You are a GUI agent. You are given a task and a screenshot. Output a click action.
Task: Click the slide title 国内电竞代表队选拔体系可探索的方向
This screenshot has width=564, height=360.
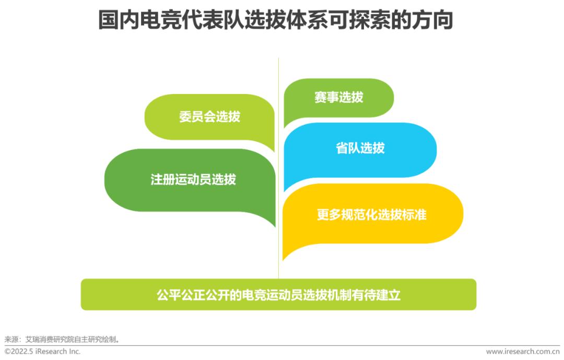pos(276,20)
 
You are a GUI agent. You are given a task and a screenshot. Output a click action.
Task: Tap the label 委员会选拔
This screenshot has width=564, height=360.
pos(210,117)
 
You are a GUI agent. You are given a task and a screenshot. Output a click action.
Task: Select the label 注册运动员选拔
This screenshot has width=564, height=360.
pos(193,179)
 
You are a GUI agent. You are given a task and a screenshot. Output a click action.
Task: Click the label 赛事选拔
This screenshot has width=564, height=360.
pos(339,97)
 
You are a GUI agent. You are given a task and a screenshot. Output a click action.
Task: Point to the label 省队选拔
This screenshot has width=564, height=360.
pos(360,148)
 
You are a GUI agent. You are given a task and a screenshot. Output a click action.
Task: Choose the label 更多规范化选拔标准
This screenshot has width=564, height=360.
pos(372,215)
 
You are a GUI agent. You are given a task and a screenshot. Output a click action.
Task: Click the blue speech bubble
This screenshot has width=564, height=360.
pos(360,153)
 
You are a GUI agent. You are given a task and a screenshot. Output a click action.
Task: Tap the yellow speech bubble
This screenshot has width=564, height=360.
pos(373,216)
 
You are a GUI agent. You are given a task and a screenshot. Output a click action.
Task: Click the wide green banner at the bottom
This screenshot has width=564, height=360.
pos(278,295)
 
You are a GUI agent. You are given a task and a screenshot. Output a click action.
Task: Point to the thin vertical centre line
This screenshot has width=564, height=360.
pos(278,168)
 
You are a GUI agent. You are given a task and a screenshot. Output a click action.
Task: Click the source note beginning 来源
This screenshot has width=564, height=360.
pos(62,339)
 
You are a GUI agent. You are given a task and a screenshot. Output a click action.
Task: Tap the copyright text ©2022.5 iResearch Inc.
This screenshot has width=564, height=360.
pos(42,351)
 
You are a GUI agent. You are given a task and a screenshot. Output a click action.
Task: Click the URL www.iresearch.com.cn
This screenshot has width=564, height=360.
pos(523,352)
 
